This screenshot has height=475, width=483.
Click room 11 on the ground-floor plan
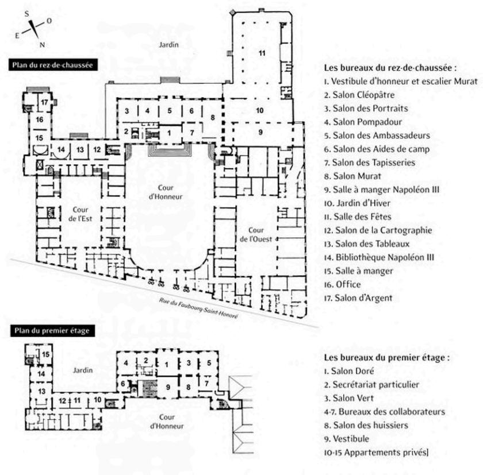point(262,53)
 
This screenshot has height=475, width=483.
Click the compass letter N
point(43,44)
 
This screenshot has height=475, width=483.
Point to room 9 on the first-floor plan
point(168,387)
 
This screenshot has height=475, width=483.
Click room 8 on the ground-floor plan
point(213,118)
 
